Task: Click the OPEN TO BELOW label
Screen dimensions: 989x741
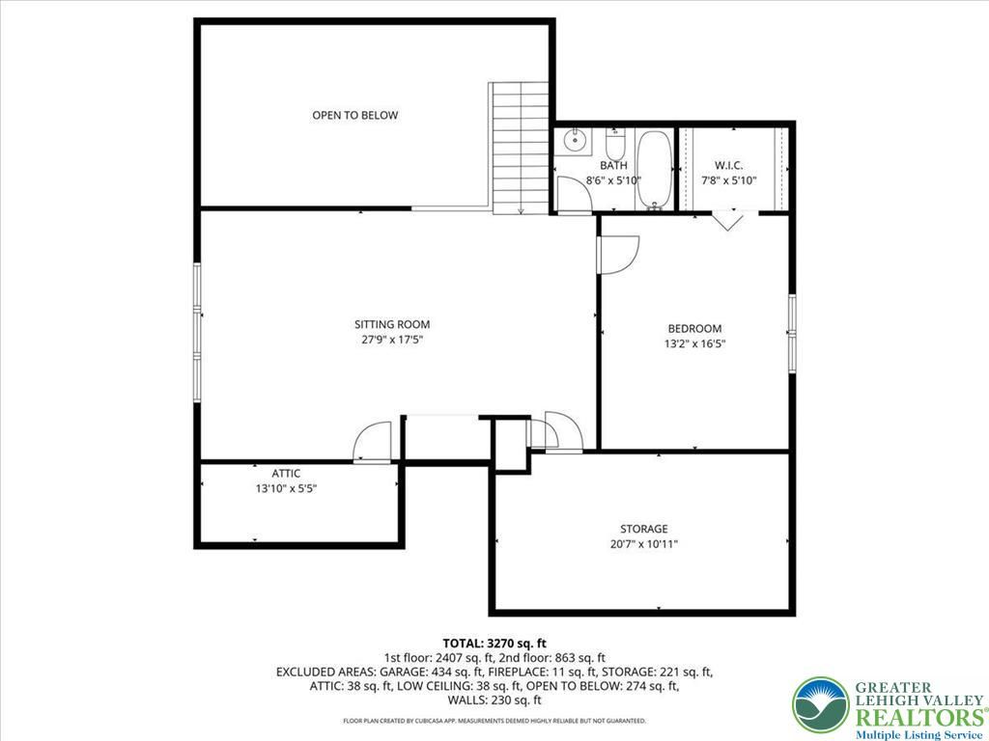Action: [355, 116]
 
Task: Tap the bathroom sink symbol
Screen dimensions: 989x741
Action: [576, 140]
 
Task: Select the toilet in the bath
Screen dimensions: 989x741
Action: [615, 144]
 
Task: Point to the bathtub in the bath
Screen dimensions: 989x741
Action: [654, 170]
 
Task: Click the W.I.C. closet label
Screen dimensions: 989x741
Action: [728, 166]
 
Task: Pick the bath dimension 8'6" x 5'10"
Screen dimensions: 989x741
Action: [613, 180]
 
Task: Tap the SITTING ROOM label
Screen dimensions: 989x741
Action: [392, 324]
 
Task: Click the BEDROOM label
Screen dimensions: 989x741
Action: [694, 328]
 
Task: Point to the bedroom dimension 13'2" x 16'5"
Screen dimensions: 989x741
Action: [694, 344]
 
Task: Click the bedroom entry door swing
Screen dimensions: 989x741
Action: [618, 255]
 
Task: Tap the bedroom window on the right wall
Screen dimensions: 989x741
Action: [792, 333]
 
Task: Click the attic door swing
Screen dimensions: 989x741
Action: [374, 442]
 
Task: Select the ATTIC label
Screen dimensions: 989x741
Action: [286, 473]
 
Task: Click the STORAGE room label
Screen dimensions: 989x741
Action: [643, 529]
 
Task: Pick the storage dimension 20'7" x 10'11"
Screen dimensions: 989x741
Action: [643, 544]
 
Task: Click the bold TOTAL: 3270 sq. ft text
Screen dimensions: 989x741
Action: [494, 644]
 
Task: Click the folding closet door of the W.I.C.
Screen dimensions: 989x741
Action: [727, 220]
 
